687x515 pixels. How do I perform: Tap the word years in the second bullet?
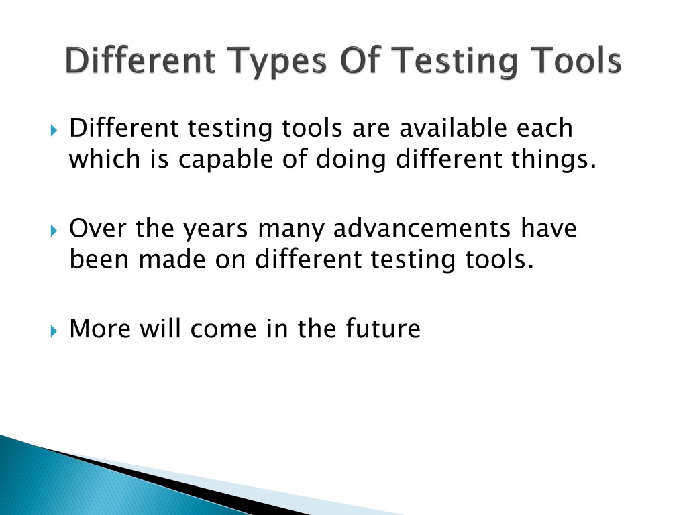207,229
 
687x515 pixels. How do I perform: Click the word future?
383,329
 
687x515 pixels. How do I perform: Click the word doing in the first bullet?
364,160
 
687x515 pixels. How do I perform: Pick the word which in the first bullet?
103,160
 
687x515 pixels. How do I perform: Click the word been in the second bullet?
99,260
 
